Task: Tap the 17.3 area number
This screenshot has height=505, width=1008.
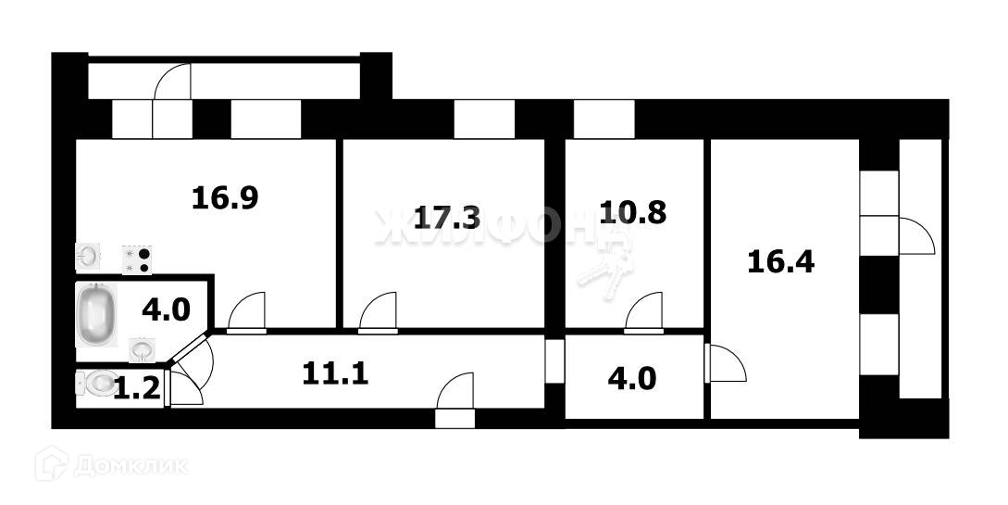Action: click(x=446, y=218)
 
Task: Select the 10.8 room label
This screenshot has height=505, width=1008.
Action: click(x=632, y=212)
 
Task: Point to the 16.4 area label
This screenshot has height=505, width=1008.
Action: click(x=780, y=262)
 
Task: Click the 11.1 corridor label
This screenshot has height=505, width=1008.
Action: click(x=335, y=373)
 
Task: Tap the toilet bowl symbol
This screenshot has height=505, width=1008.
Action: click(x=95, y=383)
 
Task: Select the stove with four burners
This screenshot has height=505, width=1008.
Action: click(x=137, y=259)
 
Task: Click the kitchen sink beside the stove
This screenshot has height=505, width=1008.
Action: click(x=89, y=255)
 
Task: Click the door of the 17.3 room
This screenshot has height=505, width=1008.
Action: click(x=379, y=312)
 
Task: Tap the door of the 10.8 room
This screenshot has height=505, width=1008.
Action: click(x=644, y=312)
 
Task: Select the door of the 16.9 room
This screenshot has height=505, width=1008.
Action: click(x=246, y=312)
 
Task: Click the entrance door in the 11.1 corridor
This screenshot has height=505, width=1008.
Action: click(x=455, y=398)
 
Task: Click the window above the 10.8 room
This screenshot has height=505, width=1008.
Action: click(x=604, y=119)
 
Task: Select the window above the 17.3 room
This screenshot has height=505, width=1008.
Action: click(x=483, y=119)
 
